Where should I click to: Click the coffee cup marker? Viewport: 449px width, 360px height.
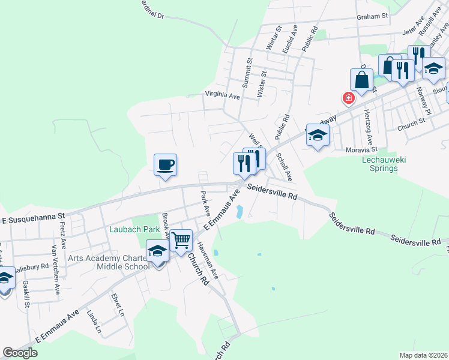pos(165,164)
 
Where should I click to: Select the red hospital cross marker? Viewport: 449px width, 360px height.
pos(348,98)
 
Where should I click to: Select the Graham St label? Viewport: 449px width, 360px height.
pos(373,17)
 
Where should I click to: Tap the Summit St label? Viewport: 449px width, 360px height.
pos(247,70)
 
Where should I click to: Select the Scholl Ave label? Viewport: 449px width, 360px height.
pos(284,167)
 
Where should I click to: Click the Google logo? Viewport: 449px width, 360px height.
pos(20,353)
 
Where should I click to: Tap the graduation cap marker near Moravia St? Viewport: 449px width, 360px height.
pos(318,136)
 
